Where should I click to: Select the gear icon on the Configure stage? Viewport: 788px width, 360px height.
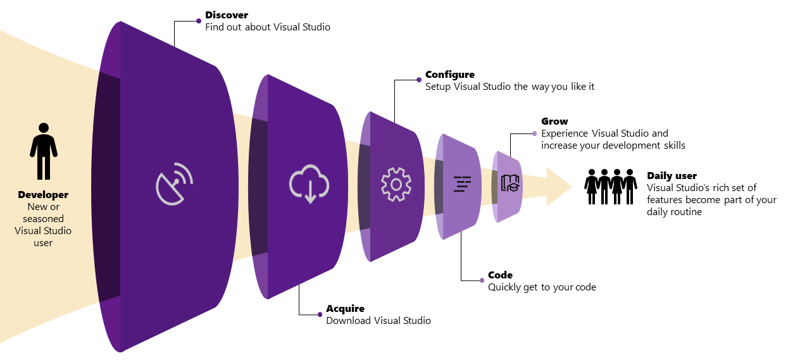396,184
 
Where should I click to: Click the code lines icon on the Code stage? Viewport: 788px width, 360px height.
463,183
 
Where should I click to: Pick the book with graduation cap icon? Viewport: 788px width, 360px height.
510,183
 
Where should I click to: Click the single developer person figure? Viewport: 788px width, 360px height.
44,151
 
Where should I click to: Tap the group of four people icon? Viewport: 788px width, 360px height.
611,186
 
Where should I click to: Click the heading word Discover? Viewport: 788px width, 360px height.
227,15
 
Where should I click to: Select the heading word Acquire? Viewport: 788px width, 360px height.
345,309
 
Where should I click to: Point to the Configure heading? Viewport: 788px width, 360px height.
449,74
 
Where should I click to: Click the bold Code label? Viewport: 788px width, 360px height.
500,275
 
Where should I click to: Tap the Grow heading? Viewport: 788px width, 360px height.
554,121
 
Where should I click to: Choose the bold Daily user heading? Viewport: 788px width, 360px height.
672,176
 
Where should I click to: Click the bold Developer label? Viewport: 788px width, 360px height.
43,195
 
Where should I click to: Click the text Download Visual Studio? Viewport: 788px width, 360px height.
378,321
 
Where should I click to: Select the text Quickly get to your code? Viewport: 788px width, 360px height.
541,287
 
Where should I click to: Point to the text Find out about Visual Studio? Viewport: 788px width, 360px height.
267,27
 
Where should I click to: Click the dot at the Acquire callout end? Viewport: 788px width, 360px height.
320,314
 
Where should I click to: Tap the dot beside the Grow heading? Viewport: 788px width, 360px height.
535,133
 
